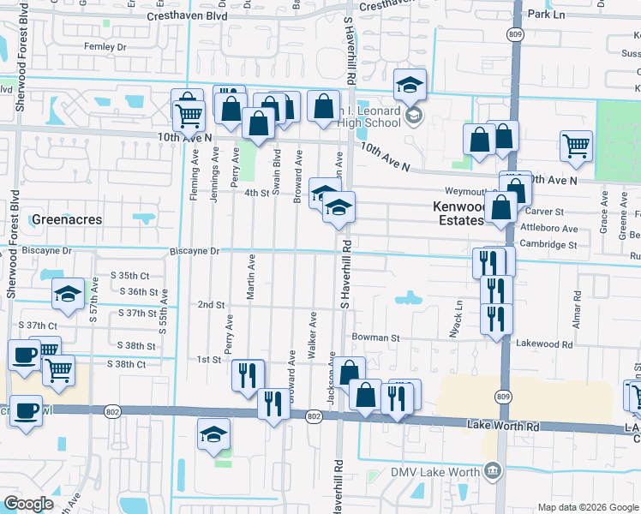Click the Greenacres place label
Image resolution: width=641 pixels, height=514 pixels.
(x=66, y=219)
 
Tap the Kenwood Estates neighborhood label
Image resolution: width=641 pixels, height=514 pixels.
(x=458, y=213)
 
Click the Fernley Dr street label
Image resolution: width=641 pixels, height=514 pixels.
(x=105, y=46)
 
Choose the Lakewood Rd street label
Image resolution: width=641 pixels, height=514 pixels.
(x=544, y=344)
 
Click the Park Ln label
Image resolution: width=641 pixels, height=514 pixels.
(x=548, y=15)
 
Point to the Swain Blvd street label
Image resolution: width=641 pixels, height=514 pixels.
(x=276, y=171)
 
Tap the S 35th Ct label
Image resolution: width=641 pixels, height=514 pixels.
(x=130, y=276)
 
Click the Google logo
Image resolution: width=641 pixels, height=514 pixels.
(x=29, y=504)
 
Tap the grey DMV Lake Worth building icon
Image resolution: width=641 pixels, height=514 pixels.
(x=492, y=469)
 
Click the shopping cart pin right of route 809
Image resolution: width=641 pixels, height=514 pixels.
(x=576, y=145)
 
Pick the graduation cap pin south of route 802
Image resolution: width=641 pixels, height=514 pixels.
(x=213, y=434)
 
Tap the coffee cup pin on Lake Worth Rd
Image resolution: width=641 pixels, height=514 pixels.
(x=26, y=409)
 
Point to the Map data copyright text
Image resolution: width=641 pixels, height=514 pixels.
(x=587, y=507)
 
